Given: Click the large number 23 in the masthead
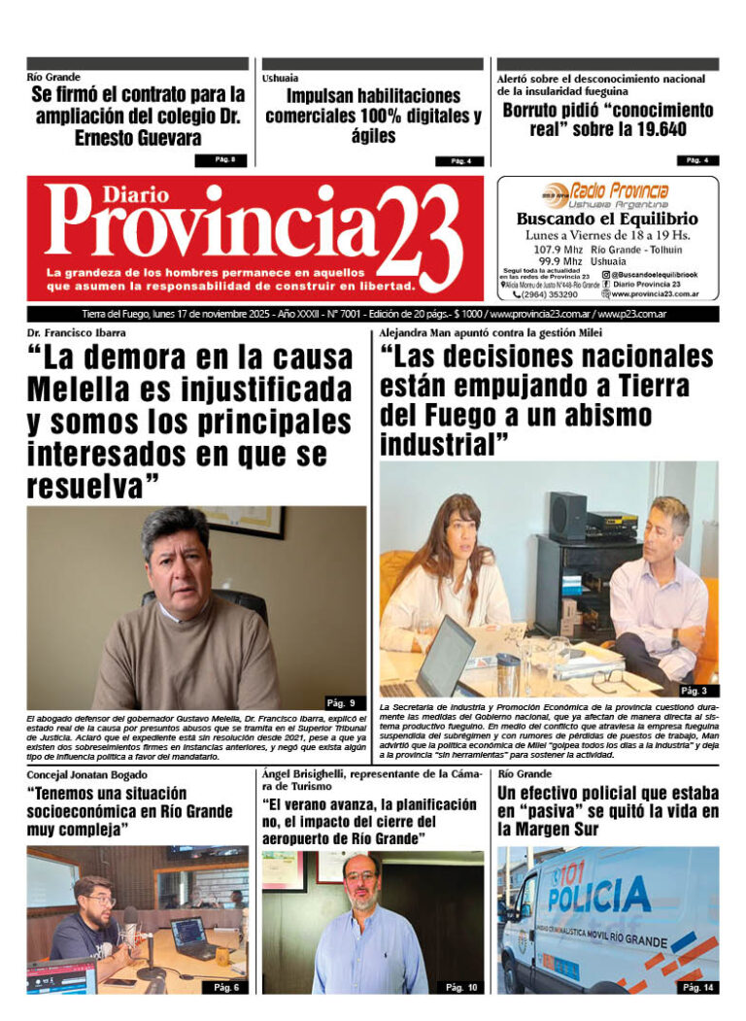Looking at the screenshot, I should [416, 237].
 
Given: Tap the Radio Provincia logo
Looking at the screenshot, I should [607, 194].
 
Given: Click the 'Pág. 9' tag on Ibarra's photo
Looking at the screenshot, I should [345, 702].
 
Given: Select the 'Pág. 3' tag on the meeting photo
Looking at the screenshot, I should [694, 691].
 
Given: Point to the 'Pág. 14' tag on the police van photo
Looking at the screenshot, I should [696, 987].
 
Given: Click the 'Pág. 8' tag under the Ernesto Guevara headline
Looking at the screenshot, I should [224, 159].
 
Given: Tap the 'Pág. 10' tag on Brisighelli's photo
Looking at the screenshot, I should [460, 987].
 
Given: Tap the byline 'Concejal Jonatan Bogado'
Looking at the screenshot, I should [87, 773].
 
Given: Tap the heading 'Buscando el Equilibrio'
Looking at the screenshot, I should [606, 219].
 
